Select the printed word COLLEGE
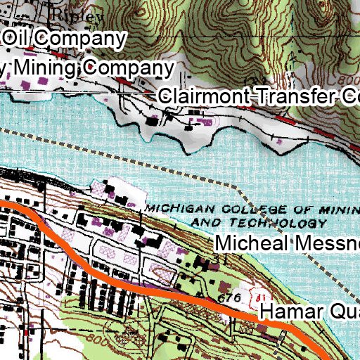(x=237, y=209)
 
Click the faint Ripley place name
(x=73, y=14)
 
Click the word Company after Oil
(x=83, y=38)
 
